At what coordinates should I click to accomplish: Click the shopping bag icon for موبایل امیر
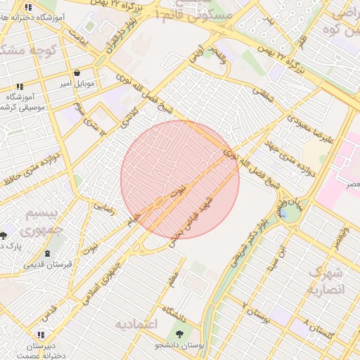(x=77, y=72)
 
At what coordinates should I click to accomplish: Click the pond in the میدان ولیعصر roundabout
(x=288, y=212)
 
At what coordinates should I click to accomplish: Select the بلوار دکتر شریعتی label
(x=245, y=239)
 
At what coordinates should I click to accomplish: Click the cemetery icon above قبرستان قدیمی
(x=47, y=253)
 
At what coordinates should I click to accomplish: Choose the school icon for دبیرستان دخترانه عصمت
(x=41, y=335)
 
